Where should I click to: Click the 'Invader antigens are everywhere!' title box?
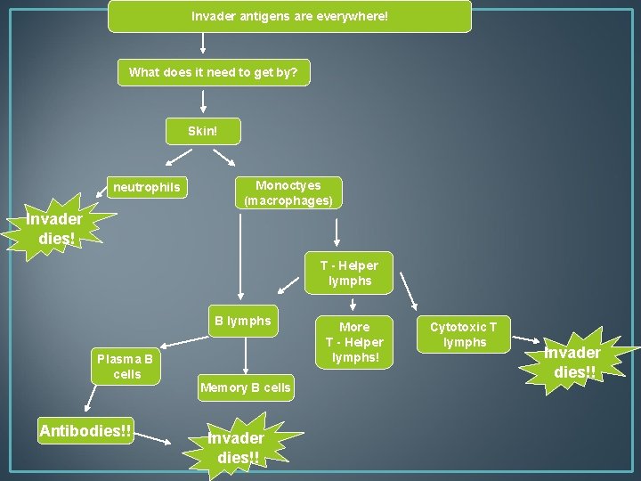coord(289,16)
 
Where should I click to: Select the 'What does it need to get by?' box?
coord(214,72)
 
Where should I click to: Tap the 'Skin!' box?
coord(202,131)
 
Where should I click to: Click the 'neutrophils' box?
coord(146,187)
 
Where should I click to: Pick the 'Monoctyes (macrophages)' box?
coord(288,192)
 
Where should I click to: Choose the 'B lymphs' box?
coord(242,321)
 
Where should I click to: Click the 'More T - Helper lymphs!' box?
coord(353,342)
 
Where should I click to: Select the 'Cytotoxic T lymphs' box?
coord(464,334)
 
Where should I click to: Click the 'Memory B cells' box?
coord(245,387)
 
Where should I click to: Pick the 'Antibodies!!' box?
coord(85,431)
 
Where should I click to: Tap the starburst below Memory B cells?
coord(236,446)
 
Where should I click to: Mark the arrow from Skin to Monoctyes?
coord(223,157)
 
